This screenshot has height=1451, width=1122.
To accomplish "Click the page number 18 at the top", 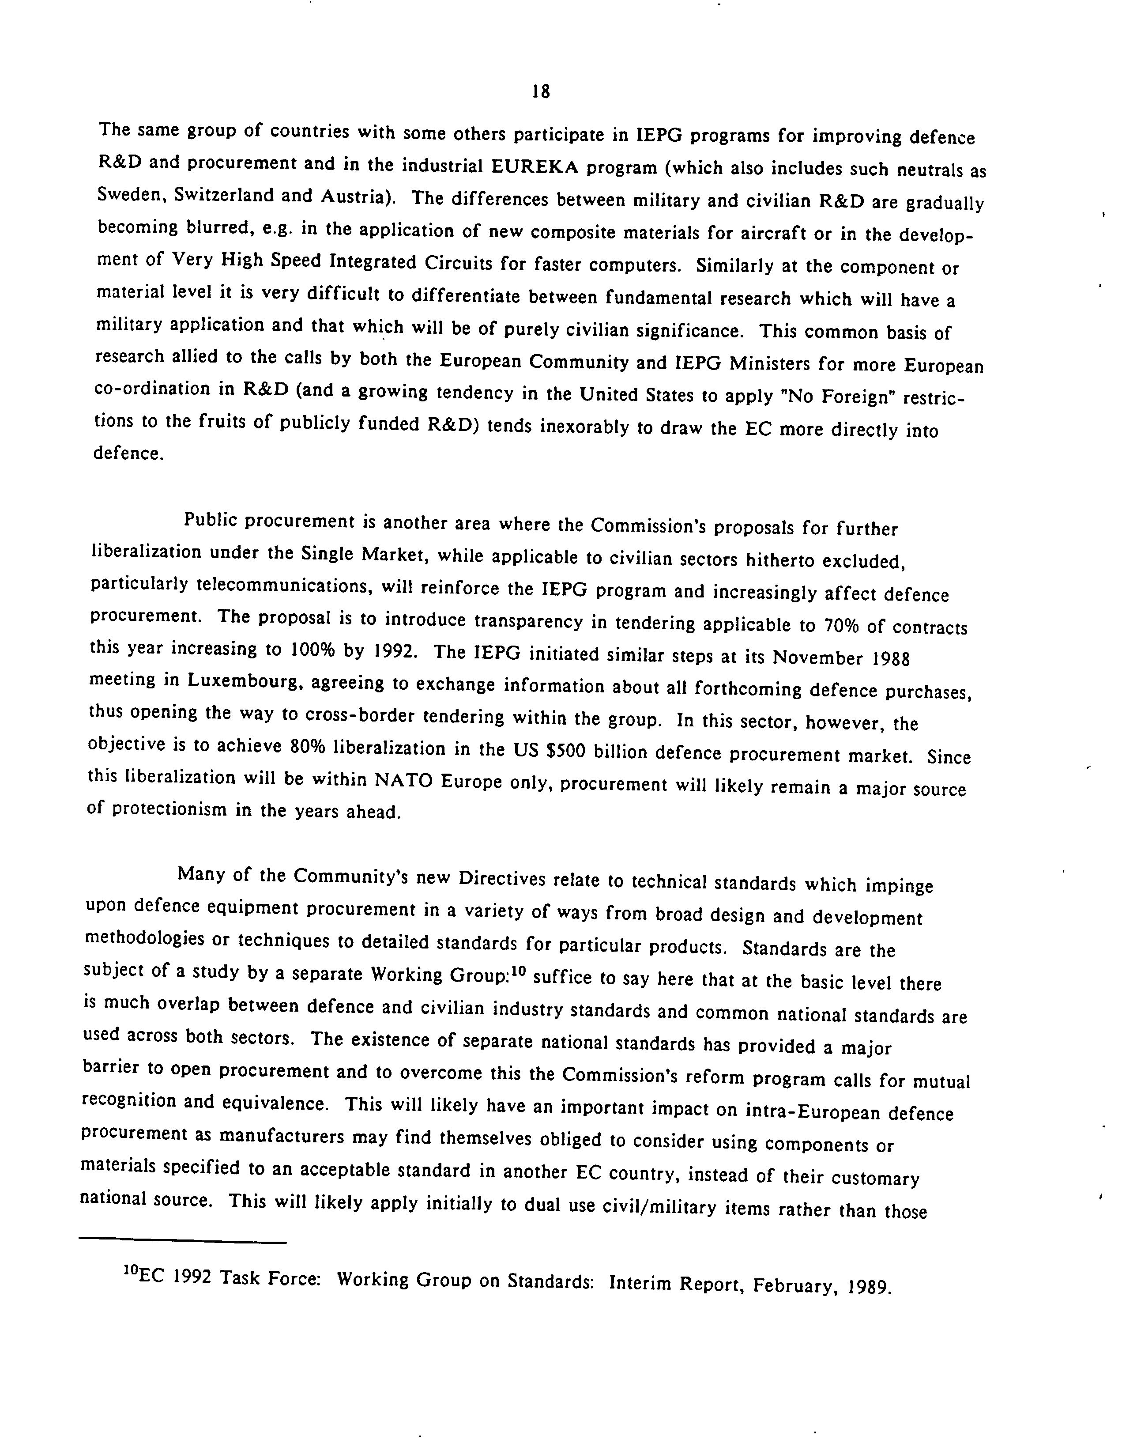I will pyautogui.click(x=541, y=92).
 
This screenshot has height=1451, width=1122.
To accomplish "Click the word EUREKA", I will pyautogui.click(x=535, y=166).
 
